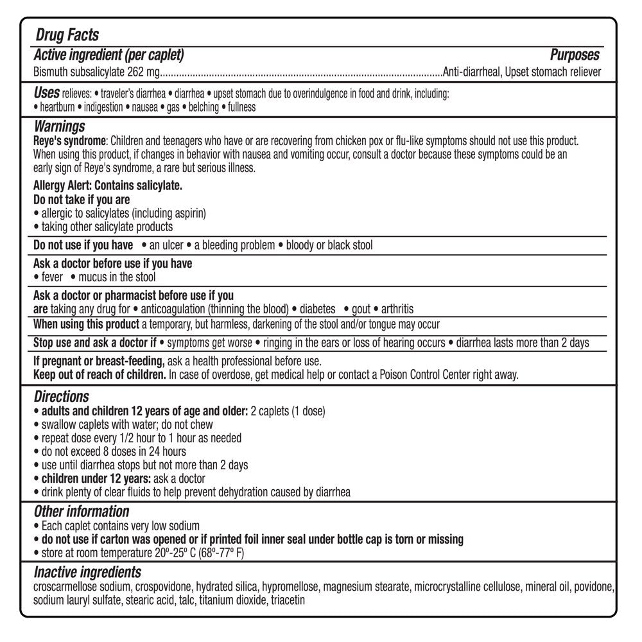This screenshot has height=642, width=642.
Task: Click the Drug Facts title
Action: (x=66, y=33)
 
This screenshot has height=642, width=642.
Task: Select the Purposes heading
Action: (x=575, y=55)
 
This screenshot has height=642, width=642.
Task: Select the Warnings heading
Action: (x=59, y=126)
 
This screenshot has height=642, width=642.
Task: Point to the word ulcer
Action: (x=171, y=245)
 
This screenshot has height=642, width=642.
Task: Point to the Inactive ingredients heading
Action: (x=87, y=572)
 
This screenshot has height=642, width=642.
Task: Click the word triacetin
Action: (x=288, y=600)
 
